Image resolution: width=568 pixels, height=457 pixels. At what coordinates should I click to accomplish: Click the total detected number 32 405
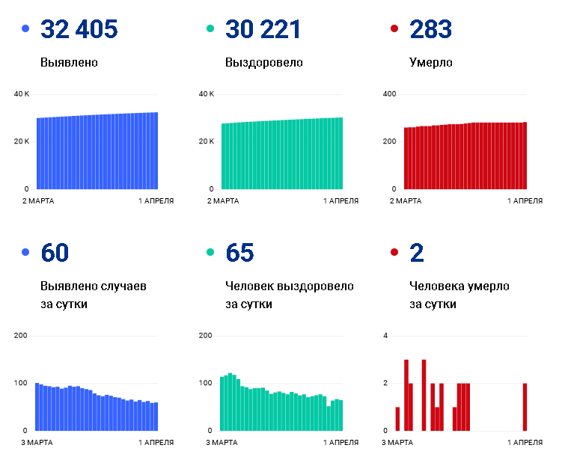79,29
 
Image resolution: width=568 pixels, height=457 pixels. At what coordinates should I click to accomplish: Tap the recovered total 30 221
263,29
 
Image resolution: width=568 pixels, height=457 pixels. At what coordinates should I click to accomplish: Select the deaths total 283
431,29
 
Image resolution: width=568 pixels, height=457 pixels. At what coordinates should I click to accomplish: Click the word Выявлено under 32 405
69,62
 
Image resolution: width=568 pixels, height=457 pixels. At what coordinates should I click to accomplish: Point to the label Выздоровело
264,63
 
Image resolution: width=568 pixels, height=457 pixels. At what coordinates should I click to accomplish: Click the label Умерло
431,63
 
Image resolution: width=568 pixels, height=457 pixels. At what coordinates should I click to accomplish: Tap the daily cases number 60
55,252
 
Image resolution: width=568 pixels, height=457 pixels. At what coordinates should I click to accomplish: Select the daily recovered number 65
239,252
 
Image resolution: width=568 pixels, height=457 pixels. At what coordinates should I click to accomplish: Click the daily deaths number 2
417,252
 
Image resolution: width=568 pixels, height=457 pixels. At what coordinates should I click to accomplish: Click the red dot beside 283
394,28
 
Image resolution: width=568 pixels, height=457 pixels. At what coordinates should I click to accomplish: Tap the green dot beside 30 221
210,28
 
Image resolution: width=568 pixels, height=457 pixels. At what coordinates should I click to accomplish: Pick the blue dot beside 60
25,252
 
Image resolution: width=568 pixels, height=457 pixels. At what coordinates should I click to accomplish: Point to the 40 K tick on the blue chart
22,94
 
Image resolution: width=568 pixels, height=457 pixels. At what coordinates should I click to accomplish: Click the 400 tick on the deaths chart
389,94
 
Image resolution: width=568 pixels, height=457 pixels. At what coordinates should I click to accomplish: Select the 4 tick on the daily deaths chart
385,336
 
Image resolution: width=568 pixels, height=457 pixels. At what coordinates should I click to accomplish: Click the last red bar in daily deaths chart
525,407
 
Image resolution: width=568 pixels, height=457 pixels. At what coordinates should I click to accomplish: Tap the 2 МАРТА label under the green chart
223,201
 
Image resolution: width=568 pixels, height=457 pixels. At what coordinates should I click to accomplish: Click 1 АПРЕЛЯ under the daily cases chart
156,443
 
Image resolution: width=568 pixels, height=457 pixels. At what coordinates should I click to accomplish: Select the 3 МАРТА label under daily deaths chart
397,443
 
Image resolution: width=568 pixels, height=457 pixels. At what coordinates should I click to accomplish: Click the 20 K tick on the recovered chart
206,141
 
